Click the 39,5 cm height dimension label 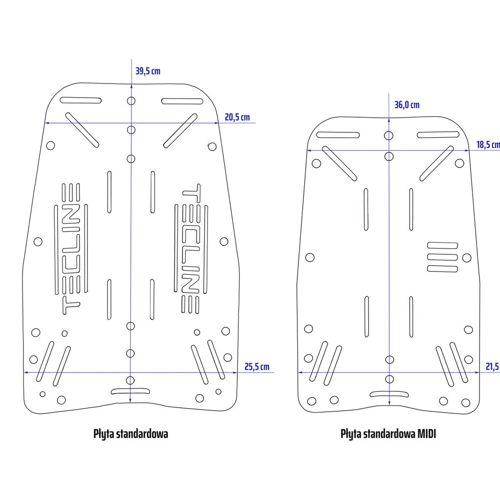147,71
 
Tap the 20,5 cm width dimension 237,117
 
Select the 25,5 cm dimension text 256,367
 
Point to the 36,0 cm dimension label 407,105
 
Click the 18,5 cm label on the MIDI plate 488,145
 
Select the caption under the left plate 130,434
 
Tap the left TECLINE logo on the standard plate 71,249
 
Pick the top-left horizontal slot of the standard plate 81,101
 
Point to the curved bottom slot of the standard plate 131,391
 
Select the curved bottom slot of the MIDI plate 389,394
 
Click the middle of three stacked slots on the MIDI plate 442,257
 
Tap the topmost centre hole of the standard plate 131,101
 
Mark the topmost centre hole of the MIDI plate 389,135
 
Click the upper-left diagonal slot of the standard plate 82,130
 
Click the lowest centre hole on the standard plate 130,380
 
